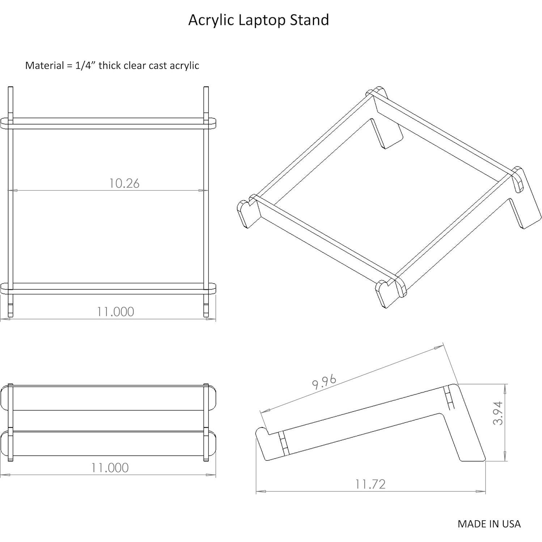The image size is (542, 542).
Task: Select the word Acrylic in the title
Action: [x=211, y=20]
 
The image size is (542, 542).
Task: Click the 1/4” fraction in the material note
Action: [x=85, y=65]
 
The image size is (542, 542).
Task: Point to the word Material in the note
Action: [x=44, y=65]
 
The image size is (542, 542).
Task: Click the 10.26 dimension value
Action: [x=124, y=183]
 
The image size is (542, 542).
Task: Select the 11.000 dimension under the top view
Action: [x=115, y=312]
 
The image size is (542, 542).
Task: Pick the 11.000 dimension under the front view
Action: [x=110, y=467]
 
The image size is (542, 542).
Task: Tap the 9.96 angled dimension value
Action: [x=324, y=382]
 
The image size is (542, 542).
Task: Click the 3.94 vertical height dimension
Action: [x=498, y=413]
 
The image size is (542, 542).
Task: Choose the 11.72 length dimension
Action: [x=370, y=484]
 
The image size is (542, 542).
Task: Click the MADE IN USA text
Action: [x=489, y=524]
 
